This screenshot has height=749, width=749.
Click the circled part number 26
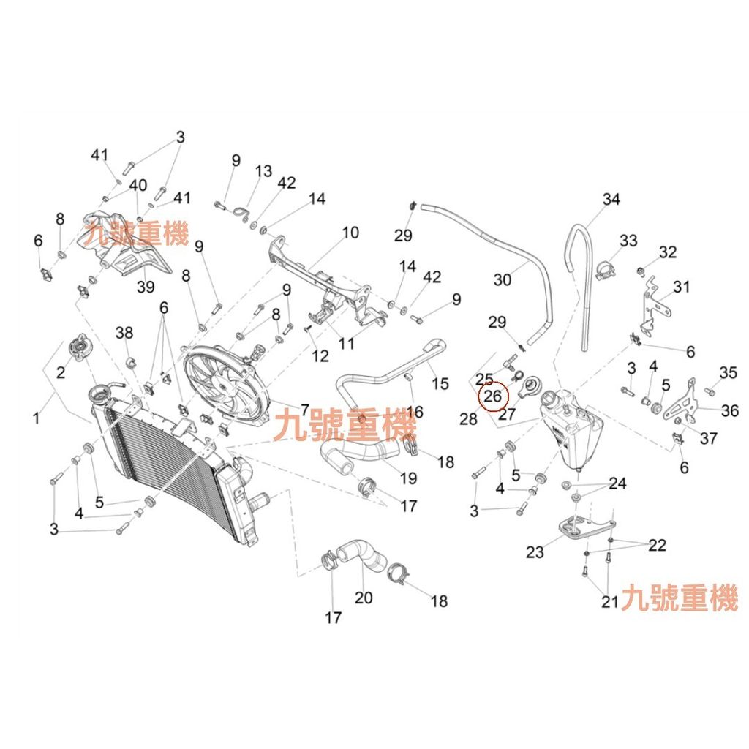coord(492,396)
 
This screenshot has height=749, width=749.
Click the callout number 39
coord(146,287)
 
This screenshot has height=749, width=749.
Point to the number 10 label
coord(350,233)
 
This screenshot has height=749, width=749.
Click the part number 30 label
coord(502,279)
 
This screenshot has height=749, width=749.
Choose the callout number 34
coord(611,199)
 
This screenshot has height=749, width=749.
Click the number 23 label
coord(535,552)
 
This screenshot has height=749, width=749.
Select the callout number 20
coord(363,597)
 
